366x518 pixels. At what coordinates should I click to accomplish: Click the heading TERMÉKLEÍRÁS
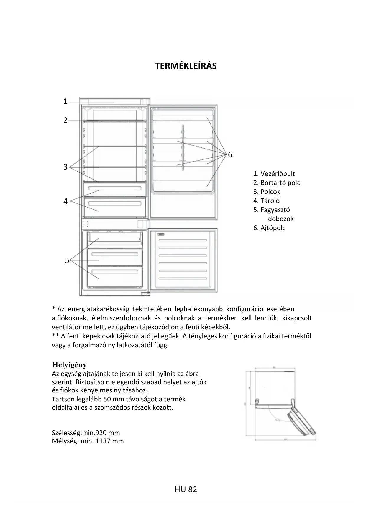[186, 66]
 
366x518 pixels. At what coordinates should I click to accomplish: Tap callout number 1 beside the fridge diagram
[65, 102]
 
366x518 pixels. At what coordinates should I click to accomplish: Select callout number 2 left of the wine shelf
[65, 120]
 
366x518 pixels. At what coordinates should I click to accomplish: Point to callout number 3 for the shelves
[65, 167]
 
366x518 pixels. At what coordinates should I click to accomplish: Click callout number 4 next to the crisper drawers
[65, 201]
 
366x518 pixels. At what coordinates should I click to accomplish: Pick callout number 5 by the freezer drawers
[67, 260]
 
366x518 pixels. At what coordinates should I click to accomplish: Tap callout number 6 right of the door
[230, 154]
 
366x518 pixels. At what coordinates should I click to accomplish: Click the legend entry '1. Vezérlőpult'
[274, 174]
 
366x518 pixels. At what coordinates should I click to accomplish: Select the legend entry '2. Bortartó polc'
[277, 183]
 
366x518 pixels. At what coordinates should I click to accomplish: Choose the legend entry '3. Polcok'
[267, 192]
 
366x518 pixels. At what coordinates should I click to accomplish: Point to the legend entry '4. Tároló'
[266, 201]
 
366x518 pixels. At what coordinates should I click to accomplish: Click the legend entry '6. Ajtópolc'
[269, 228]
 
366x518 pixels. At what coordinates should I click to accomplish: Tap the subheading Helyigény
[69, 365]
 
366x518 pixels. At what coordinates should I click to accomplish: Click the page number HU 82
[186, 489]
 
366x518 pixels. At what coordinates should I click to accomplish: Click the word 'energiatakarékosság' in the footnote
[99, 309]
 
